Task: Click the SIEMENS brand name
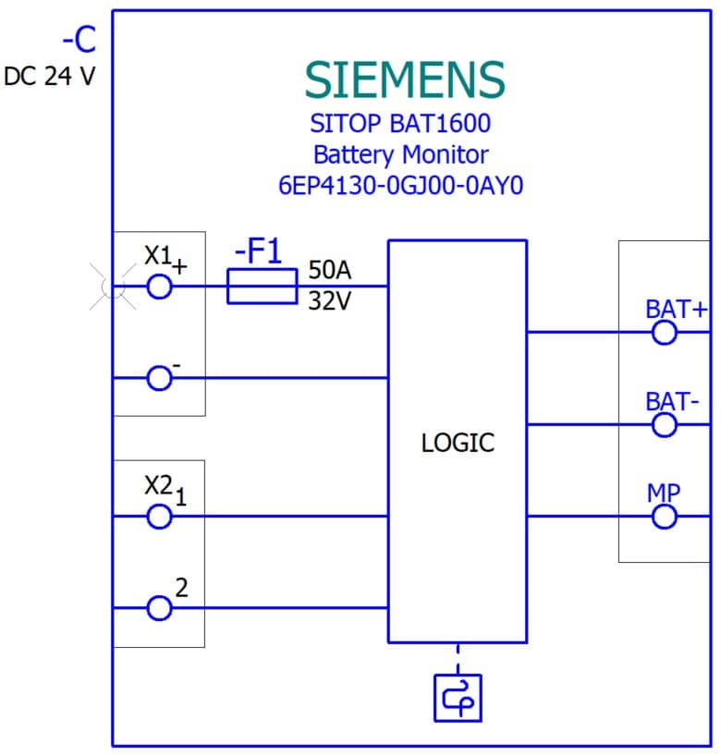point(405,80)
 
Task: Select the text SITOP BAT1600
point(400,123)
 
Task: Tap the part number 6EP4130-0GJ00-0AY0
point(400,185)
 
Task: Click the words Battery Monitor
point(400,153)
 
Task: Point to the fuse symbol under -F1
point(262,287)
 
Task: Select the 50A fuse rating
point(330,271)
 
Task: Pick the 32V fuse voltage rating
point(330,301)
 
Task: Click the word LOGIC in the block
point(458,443)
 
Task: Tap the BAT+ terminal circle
point(665,332)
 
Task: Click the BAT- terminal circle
point(665,424)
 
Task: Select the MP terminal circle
point(665,516)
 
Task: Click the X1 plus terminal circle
point(160,287)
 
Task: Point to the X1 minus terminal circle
point(160,378)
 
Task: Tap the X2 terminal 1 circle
point(160,516)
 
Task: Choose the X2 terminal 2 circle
point(160,607)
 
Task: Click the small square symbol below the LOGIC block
point(458,698)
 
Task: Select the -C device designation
point(79,42)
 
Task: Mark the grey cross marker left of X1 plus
point(112,287)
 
